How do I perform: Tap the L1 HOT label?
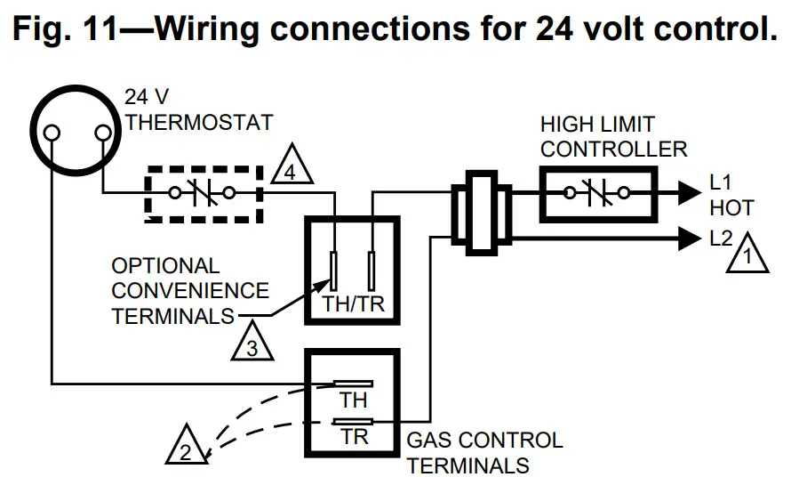coord(731,196)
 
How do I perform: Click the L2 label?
coord(722,238)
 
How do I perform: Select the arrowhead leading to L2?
coord(689,238)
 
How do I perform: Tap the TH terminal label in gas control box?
coord(353,402)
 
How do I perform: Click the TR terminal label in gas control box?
coord(353,437)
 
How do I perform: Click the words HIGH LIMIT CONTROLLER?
coord(613,136)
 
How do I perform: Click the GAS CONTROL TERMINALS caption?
coord(484,452)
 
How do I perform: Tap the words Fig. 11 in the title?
coord(71,29)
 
